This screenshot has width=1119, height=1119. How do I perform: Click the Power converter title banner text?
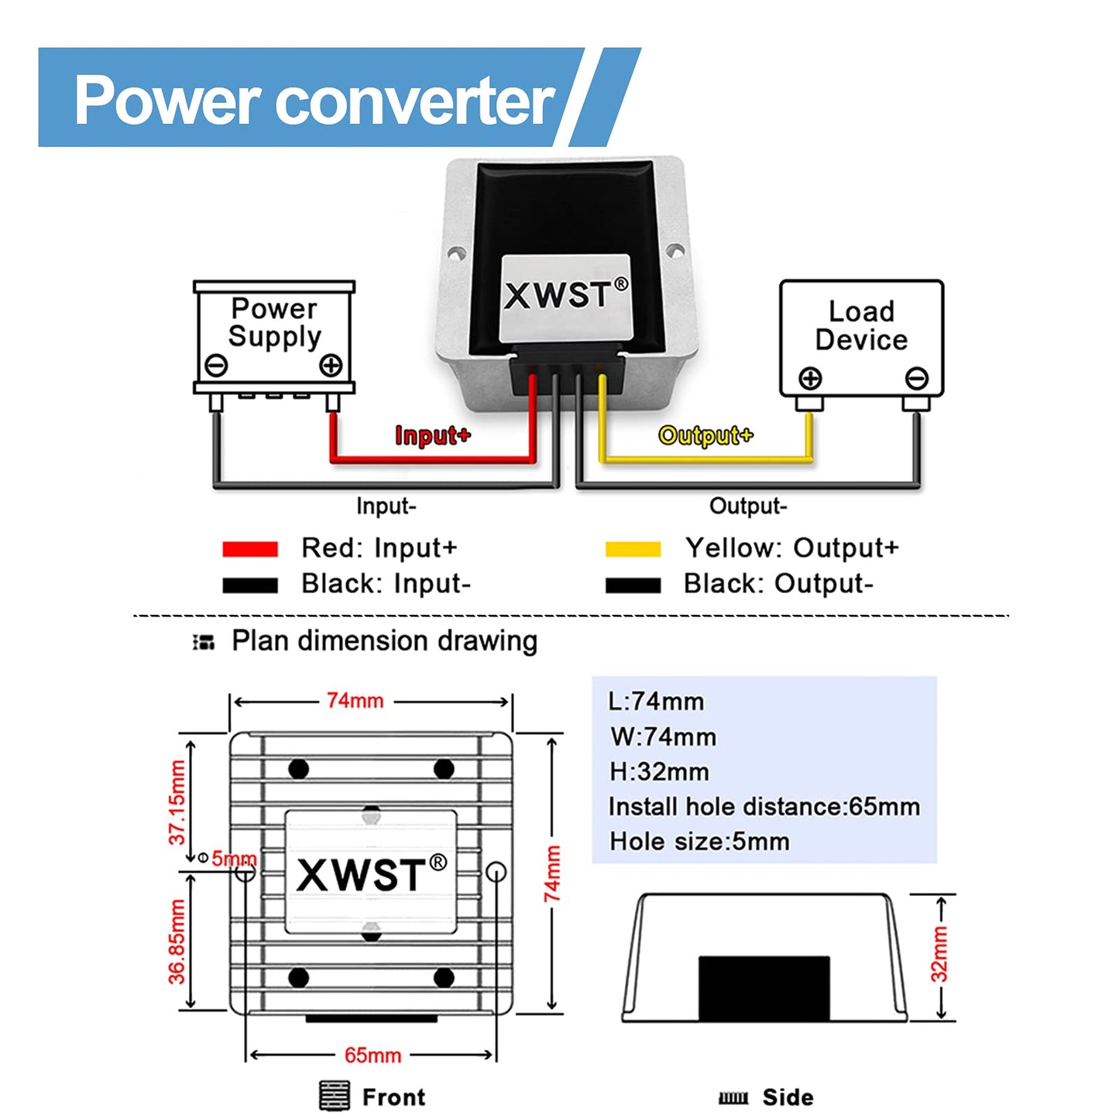[x=314, y=101]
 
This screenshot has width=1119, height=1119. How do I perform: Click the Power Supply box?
[x=274, y=337]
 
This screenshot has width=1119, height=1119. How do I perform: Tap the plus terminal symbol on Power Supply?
[x=331, y=366]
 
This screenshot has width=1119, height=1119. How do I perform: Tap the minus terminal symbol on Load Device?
[x=917, y=379]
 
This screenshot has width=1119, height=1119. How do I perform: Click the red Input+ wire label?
[x=432, y=435]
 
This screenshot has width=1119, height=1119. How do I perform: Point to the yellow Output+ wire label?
[x=705, y=435]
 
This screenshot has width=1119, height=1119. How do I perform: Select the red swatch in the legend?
[x=249, y=549]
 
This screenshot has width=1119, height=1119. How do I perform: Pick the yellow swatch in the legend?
[x=633, y=549]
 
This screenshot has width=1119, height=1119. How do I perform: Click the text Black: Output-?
[x=777, y=584]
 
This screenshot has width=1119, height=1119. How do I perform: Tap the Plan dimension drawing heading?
[x=384, y=641]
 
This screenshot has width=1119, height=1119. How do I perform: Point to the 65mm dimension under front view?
[x=372, y=1055]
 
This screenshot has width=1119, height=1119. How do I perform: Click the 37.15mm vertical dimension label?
[x=177, y=802]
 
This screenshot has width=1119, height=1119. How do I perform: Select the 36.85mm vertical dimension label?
[x=177, y=942]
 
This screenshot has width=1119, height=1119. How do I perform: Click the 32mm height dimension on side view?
[x=939, y=954]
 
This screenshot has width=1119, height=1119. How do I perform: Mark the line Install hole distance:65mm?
[x=764, y=807]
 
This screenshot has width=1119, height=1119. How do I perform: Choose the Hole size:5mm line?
[x=699, y=842]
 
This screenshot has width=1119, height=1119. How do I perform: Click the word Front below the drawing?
[x=393, y=1097]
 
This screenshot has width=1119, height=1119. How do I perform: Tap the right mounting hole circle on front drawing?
[x=496, y=872]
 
